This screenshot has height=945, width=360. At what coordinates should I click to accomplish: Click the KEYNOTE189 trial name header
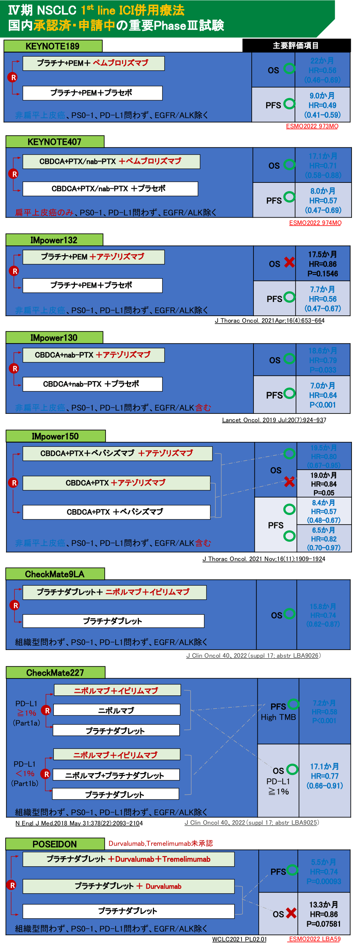53,46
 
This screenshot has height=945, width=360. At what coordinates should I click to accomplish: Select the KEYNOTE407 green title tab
55,142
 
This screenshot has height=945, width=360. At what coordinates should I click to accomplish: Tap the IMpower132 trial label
54,240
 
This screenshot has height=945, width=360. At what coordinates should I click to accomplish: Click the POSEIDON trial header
55,844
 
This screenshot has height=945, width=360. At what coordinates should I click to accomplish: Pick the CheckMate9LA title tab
55,574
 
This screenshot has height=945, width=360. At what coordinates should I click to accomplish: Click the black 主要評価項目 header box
296,45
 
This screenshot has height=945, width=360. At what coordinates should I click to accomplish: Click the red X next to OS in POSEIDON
291,913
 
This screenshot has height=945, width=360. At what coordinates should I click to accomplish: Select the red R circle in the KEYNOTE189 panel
13,77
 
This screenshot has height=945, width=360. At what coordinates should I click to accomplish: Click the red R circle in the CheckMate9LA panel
15,605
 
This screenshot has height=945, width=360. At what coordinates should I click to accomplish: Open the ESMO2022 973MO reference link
312,126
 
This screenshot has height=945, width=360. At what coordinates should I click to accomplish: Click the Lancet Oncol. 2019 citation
274,420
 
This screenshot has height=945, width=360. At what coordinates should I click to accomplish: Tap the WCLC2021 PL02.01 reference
239,939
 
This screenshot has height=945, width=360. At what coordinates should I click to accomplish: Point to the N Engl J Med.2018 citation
79,823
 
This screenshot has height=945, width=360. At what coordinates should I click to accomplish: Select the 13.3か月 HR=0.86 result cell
324,914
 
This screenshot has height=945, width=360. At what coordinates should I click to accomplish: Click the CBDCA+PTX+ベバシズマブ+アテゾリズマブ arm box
117,454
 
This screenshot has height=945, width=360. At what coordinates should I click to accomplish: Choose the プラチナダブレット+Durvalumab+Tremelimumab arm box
128,859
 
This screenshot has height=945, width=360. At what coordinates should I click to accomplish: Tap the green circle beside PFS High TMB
293,704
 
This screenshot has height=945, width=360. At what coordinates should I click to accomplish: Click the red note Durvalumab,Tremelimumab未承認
160,843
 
